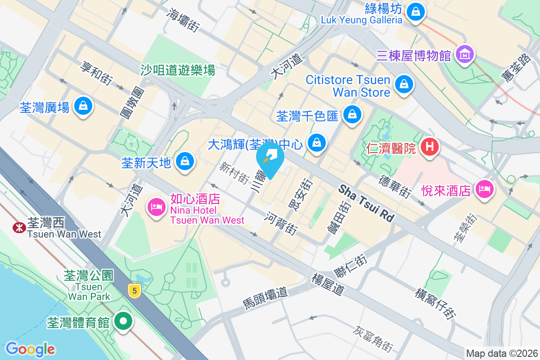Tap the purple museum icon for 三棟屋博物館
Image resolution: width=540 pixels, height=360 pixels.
click(465, 54)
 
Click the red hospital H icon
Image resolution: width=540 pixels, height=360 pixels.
click(430, 147)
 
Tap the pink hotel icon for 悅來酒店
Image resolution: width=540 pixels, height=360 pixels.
click(484, 189)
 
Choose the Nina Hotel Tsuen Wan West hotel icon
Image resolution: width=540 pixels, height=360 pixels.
click(156, 207)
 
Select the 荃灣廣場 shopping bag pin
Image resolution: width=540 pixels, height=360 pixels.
click(83, 106)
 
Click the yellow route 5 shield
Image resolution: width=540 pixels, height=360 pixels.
click(134, 290)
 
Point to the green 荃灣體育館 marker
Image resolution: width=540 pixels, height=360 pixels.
click(123, 321)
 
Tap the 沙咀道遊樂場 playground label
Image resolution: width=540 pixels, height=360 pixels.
click(178, 70)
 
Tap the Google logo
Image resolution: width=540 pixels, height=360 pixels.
click(30, 349)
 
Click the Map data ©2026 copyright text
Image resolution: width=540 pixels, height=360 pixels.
click(501, 353)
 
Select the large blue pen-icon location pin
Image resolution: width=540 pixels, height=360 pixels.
click(270, 158)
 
